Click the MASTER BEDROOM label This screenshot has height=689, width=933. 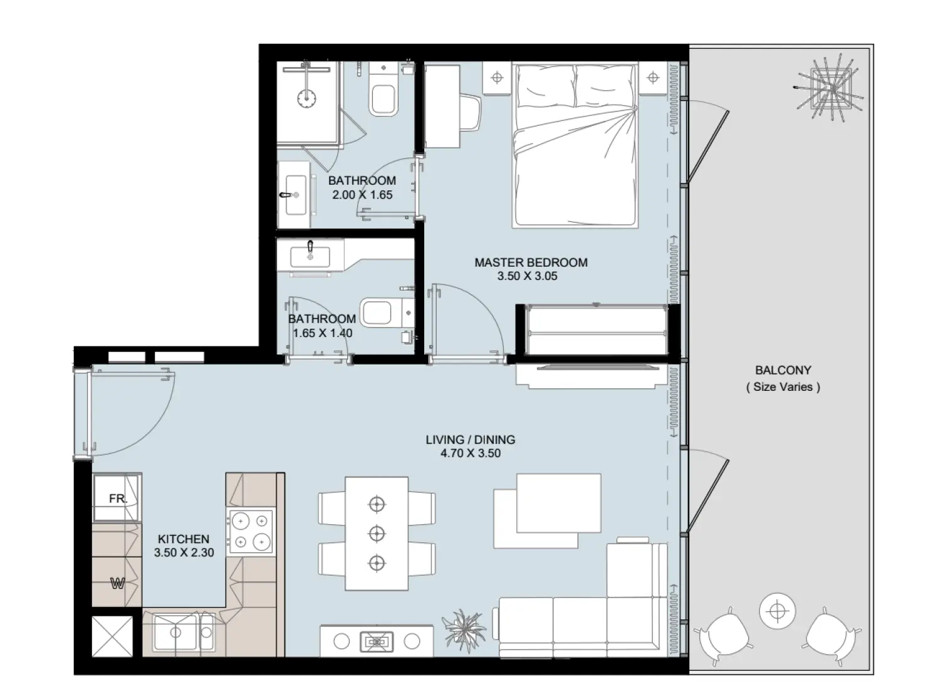pyautogui.click(x=531, y=262)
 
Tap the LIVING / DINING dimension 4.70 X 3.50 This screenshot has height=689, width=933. pyautogui.click(x=470, y=453)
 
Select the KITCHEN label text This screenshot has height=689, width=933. pyautogui.click(x=183, y=539)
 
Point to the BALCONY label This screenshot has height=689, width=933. pyautogui.click(x=783, y=370)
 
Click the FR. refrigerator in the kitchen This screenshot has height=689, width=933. pyautogui.click(x=117, y=499)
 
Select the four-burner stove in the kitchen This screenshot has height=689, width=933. pyautogui.click(x=251, y=532)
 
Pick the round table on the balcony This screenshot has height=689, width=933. pyautogui.click(x=777, y=610)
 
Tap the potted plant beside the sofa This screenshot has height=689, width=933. pyautogui.click(x=464, y=629)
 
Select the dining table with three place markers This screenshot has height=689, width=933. pyautogui.click(x=376, y=533)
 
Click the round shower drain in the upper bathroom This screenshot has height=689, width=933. pyautogui.click(x=306, y=98)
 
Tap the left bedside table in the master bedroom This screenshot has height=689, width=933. pyautogui.click(x=497, y=78)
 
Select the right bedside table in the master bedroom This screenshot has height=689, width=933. pyautogui.click(x=653, y=78)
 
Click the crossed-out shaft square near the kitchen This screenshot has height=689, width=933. pyautogui.click(x=113, y=636)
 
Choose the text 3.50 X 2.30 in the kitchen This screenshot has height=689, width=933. pyautogui.click(x=184, y=553)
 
